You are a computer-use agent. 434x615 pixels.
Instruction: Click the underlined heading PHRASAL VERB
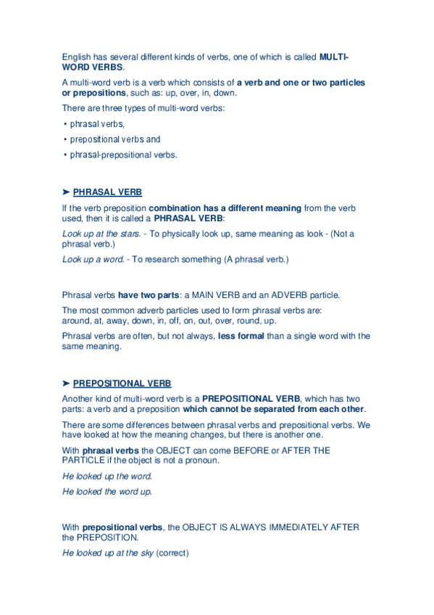[107, 192]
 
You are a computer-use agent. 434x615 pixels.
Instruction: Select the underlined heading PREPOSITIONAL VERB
[122, 383]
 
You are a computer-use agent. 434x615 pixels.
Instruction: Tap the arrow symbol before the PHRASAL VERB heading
[66, 192]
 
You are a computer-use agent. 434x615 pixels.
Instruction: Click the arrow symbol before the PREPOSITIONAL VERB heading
[66, 383]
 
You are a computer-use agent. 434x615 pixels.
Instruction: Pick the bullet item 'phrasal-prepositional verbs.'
[123, 154]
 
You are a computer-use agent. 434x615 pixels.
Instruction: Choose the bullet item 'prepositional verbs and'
[114, 139]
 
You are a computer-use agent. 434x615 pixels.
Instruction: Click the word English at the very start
[77, 57]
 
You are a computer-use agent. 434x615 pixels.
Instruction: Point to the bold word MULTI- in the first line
[334, 57]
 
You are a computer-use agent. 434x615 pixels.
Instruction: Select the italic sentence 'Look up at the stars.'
[101, 234]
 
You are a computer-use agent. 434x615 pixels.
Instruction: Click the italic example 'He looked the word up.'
[107, 492]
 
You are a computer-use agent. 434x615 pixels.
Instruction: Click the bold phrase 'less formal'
[241, 336]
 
